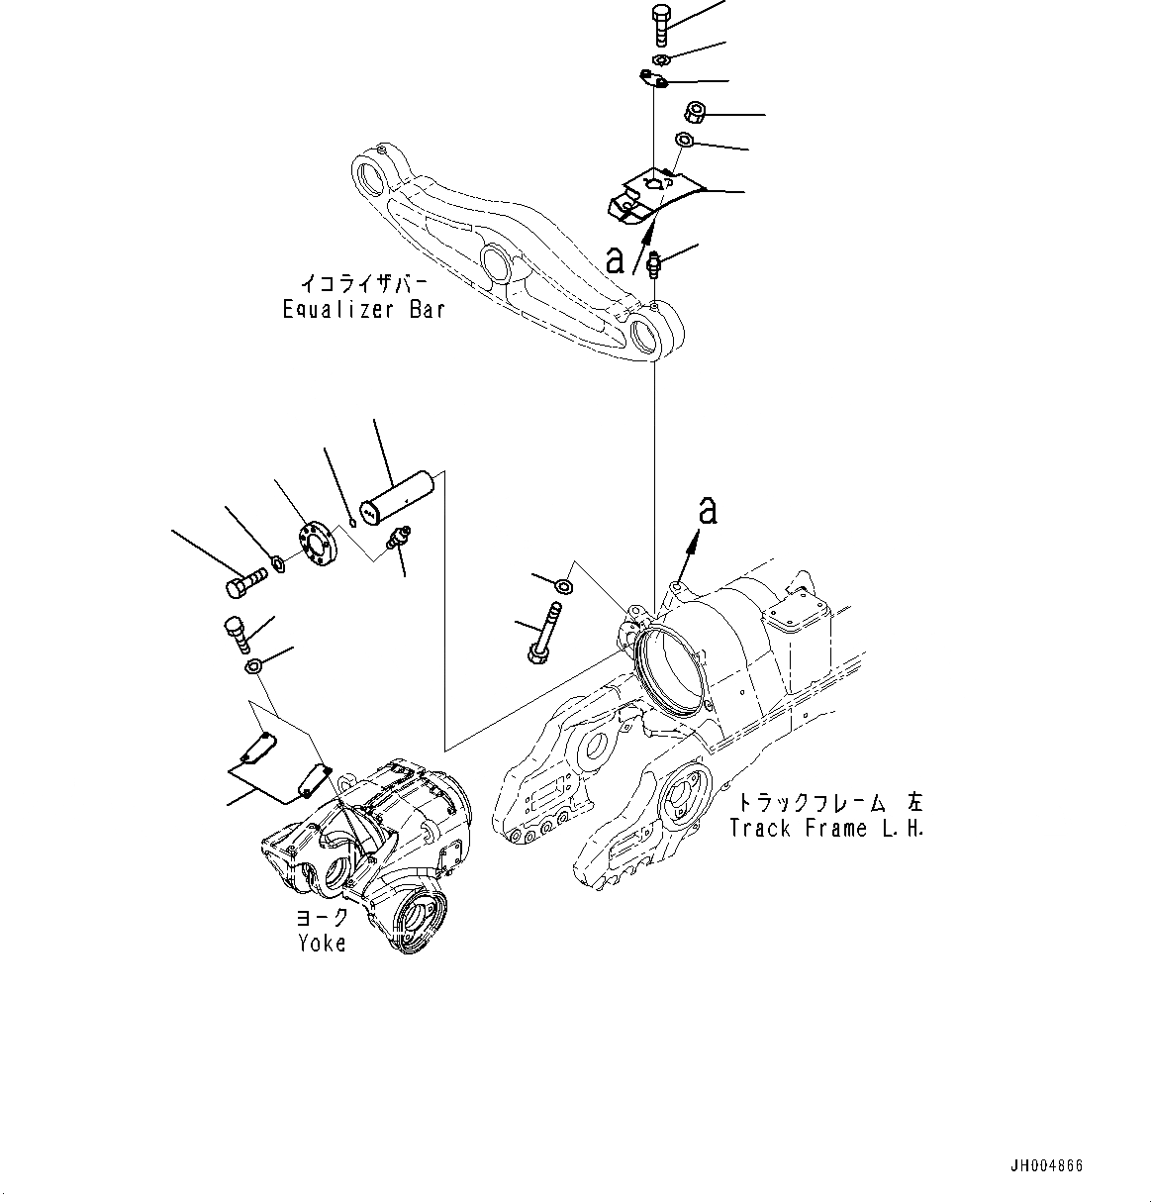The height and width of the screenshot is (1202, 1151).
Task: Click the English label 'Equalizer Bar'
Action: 363,310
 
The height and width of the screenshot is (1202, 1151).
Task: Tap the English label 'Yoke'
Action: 323,944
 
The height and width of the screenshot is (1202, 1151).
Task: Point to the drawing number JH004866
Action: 1047,1166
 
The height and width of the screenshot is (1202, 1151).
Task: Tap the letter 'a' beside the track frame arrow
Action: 707,511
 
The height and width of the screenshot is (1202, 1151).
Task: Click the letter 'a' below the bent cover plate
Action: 616,259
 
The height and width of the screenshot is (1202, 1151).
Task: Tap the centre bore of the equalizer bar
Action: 497,262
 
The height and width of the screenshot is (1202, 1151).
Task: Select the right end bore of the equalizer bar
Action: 649,337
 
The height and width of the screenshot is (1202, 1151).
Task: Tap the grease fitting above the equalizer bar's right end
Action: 654,265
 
